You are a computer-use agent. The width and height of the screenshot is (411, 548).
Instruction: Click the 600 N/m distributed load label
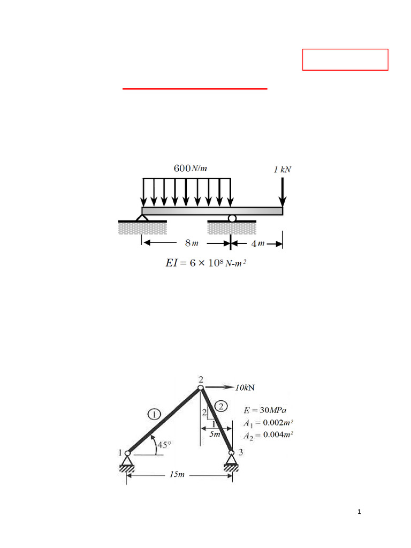tap(190, 168)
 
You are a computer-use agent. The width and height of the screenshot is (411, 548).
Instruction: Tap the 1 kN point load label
tap(283, 169)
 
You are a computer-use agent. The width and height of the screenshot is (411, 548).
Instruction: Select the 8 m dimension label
tap(192, 243)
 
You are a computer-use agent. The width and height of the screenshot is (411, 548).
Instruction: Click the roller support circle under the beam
tap(231, 218)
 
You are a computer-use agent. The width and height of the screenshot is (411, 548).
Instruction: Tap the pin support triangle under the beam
tap(142, 218)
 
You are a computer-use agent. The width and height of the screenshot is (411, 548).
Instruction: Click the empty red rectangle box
tap(345, 59)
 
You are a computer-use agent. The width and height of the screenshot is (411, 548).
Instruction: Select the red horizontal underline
tap(195, 89)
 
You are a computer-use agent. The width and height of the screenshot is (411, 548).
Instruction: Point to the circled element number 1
tap(154, 414)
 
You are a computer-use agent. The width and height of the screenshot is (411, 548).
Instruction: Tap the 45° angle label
tap(164, 444)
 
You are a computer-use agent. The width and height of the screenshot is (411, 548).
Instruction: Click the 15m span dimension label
tap(177, 475)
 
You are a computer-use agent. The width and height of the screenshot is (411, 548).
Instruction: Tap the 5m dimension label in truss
tap(215, 435)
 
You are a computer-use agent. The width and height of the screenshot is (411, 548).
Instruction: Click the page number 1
tap(360, 513)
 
